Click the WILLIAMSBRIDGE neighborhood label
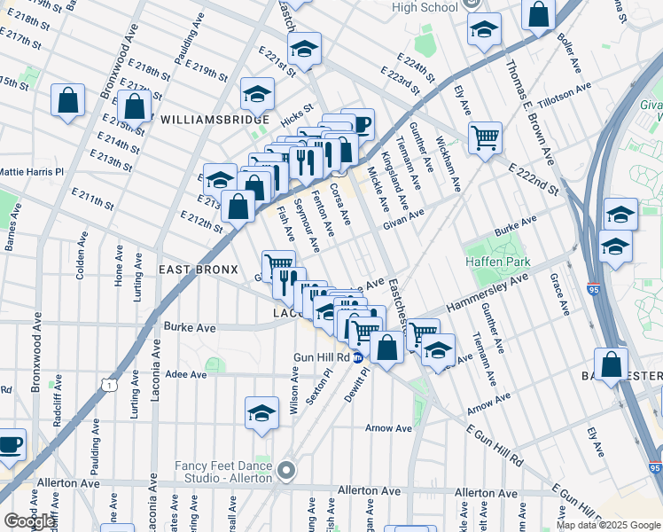point(214,119)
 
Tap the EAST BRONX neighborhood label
point(197,269)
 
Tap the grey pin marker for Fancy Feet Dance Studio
point(286,470)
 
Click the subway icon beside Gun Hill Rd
point(357,357)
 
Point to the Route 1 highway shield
point(107,384)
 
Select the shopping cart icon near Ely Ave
point(484,138)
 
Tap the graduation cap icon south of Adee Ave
point(260,413)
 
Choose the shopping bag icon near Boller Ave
point(538,14)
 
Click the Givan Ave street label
point(403,219)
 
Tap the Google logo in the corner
point(29,521)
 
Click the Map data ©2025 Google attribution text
point(608,525)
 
